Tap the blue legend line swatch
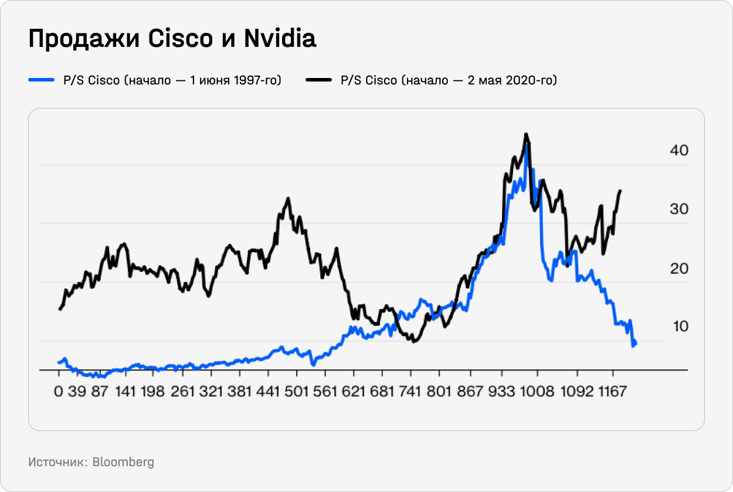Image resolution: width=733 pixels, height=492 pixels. [42, 80]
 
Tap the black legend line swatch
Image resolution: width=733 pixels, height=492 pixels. [319, 80]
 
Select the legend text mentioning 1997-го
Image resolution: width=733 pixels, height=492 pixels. [172, 80]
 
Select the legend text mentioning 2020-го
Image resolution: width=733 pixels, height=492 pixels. [449, 80]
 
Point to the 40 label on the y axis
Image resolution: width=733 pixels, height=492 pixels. [679, 151]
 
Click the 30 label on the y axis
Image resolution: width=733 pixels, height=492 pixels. [679, 209]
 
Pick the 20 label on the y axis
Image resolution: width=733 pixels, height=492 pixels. [679, 269]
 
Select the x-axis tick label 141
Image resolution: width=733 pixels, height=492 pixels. [126, 392]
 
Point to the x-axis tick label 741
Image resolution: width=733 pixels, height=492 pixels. [410, 392]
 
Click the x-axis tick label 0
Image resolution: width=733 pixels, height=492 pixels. [58, 392]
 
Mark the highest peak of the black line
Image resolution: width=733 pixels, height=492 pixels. [526, 134]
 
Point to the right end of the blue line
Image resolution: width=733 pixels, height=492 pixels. [636, 343]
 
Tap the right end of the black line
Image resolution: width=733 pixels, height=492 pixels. [620, 191]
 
